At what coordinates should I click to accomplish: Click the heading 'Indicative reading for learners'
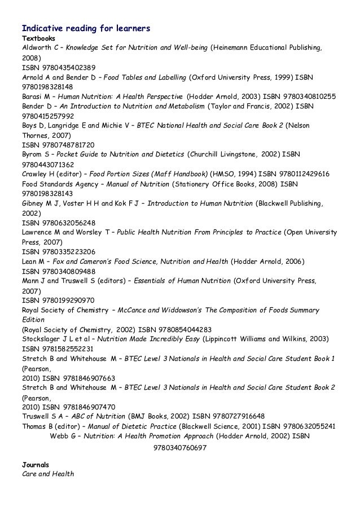[85, 27]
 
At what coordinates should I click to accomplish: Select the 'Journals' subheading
[35, 464]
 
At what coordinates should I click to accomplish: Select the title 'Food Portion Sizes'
[121, 174]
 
